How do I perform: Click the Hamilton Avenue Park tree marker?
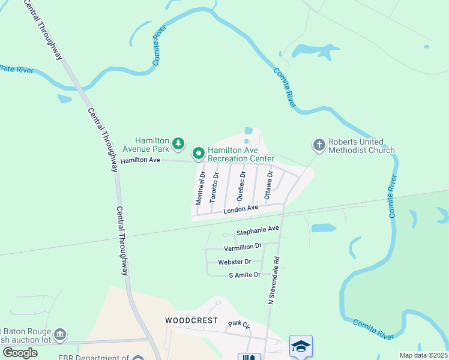tap(178, 143)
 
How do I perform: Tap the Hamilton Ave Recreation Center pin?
tap(199, 154)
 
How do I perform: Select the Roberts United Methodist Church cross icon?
tap(318, 145)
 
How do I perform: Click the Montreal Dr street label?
tap(201, 187)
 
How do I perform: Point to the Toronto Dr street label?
tap(214, 187)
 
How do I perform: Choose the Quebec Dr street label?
tap(241, 186)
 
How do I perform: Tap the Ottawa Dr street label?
tap(268, 185)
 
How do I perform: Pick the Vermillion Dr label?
tap(243, 247)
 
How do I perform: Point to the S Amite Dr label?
tap(244, 275)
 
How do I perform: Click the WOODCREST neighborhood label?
tap(191, 321)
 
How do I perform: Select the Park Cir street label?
tap(238, 325)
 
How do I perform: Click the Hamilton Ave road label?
tap(140, 161)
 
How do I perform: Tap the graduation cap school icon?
tap(301, 346)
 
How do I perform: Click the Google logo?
tap(20, 353)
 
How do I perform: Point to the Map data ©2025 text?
tap(423, 355)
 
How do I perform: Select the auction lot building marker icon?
tap(59, 334)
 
